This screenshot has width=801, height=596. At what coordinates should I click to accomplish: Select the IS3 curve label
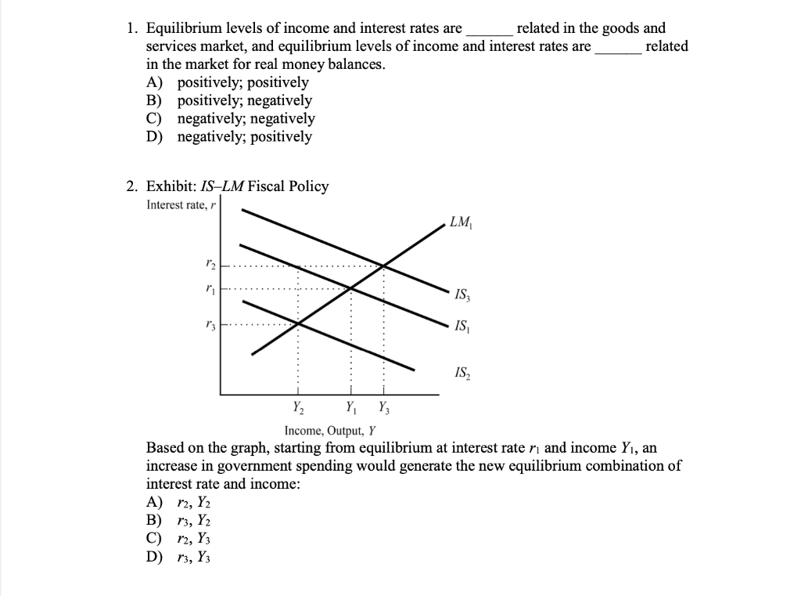(x=462, y=295)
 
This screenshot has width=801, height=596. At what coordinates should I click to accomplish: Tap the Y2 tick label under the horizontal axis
(x=298, y=406)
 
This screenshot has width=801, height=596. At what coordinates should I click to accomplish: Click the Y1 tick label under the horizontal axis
(x=351, y=406)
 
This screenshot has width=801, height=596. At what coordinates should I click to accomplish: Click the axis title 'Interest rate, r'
(x=178, y=205)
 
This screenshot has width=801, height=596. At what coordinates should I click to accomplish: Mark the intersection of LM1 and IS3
(x=383, y=265)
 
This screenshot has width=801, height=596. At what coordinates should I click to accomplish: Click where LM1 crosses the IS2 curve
(x=297, y=323)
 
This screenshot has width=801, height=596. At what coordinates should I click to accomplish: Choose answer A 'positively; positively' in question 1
(x=242, y=82)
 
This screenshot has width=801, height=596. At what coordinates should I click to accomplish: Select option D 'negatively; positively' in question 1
(x=244, y=136)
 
